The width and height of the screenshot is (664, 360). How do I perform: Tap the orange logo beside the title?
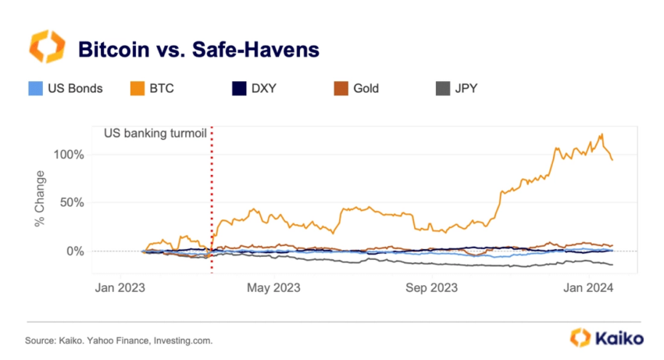(44, 47)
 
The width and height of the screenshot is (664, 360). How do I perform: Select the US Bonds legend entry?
(66, 88)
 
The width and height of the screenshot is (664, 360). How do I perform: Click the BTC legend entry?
(152, 88)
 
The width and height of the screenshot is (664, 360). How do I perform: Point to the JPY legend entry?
(456, 88)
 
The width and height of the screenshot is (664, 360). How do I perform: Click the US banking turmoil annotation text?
(155, 133)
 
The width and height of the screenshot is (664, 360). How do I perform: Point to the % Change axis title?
(39, 199)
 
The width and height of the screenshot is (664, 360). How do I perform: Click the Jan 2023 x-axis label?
(122, 287)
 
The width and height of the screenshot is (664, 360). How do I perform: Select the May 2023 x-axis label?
(273, 287)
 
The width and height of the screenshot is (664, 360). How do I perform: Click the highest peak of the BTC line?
(602, 134)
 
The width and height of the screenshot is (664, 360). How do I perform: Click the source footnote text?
(119, 341)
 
